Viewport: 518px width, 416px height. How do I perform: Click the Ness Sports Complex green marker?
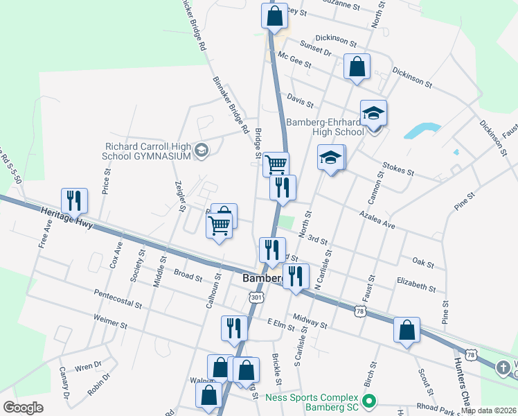[369, 400]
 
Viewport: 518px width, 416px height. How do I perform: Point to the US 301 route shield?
[256, 297]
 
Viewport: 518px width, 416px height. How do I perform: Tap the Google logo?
[24, 408]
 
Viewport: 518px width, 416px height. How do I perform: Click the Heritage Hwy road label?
[66, 216]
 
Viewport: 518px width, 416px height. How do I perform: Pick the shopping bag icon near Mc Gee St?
[357, 67]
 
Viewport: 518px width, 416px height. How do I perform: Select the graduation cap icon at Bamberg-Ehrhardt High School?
[373, 113]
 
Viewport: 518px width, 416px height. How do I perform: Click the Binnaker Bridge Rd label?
[231, 105]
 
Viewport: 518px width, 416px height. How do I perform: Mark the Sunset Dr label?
[316, 48]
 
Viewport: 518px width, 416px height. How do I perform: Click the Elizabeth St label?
[416, 285]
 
